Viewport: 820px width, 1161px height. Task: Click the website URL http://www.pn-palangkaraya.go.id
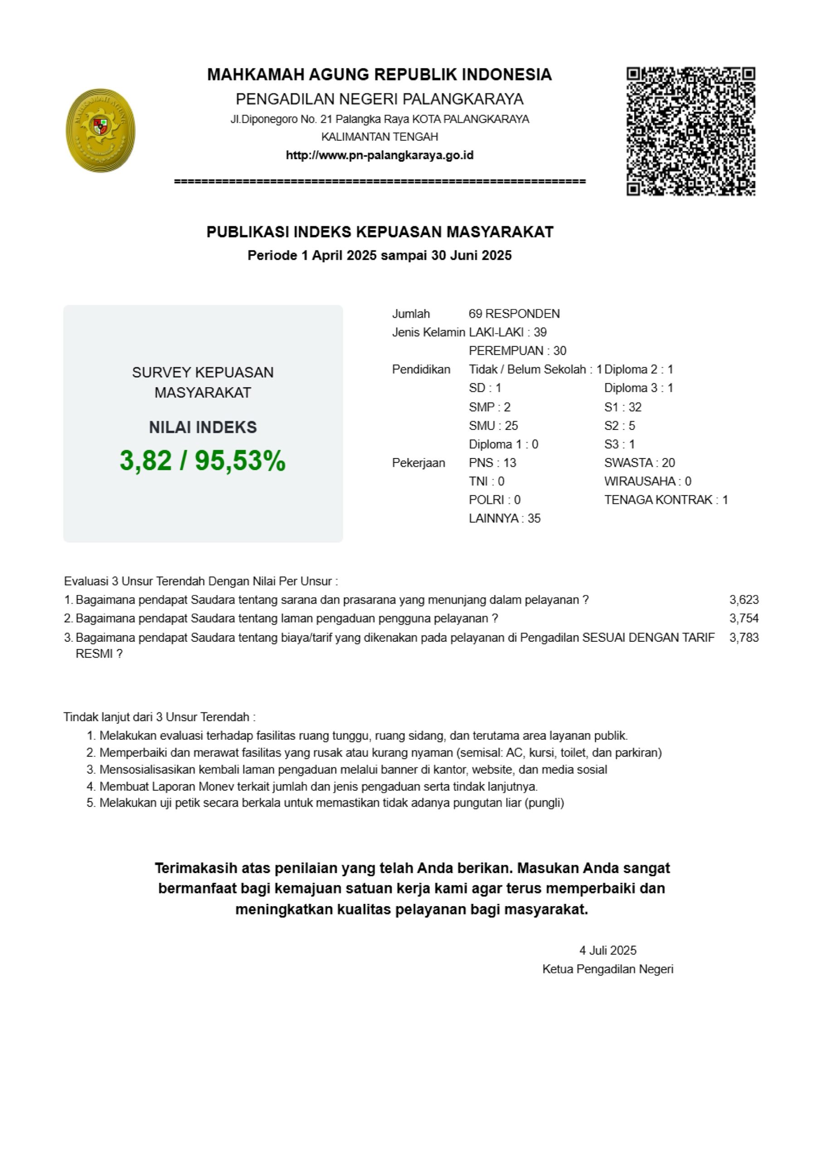[x=380, y=155]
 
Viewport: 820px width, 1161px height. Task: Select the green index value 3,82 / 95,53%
[x=203, y=461]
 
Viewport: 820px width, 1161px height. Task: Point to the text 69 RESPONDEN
[x=514, y=313]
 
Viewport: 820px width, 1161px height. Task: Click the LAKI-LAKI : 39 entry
[x=508, y=332]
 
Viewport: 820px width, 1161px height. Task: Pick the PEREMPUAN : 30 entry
[x=517, y=351]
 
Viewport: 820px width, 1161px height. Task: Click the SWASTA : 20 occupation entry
[x=639, y=463]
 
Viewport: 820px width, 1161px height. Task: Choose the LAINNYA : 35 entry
[x=505, y=518]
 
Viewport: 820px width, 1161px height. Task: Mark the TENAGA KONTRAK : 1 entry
[x=666, y=500]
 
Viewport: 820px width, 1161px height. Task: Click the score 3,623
[x=744, y=600]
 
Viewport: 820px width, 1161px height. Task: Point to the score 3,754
[x=744, y=618]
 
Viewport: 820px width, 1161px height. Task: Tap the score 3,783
[x=744, y=637]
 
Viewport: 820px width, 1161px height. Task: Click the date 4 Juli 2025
[x=608, y=950]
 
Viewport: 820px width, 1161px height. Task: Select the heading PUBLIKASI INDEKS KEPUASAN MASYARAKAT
[x=380, y=232]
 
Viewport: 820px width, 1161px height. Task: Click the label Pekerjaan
[x=418, y=463]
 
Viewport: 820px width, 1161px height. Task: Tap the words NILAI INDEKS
[x=203, y=427]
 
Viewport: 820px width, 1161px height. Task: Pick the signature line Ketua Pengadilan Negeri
[x=608, y=969]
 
